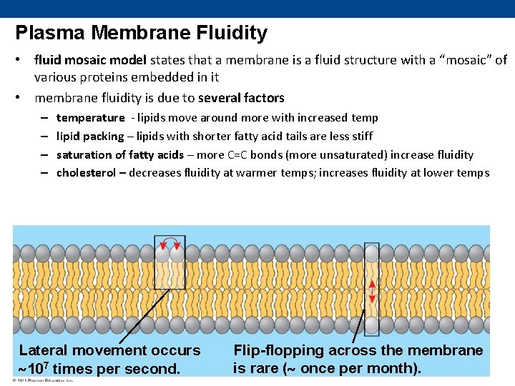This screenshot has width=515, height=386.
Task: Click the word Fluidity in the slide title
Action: [x=232, y=33]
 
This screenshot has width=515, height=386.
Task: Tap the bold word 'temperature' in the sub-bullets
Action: [x=90, y=117]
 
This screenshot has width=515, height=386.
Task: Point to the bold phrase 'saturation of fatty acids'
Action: [x=119, y=154]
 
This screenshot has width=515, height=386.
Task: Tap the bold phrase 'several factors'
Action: [x=241, y=98]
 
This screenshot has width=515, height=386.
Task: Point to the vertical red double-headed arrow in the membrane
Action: [x=372, y=291]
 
